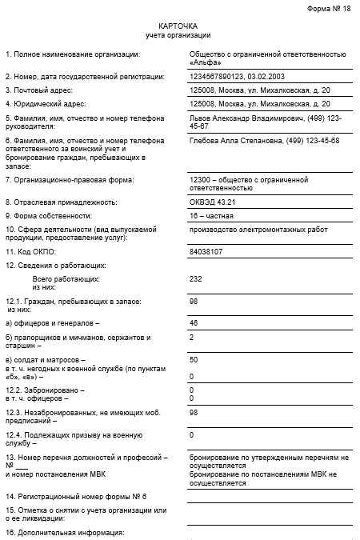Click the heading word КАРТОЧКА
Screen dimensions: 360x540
pos(178,26)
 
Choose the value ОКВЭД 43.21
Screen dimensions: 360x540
pos(211,202)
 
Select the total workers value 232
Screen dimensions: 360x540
pos(194,279)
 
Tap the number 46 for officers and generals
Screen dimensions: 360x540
pos(193,323)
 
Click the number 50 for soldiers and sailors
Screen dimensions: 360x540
pos(193,360)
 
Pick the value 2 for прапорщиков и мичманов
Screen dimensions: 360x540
pos(191,338)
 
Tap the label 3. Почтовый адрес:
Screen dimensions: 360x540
pos(39,90)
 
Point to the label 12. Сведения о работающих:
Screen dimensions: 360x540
pos(55,265)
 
